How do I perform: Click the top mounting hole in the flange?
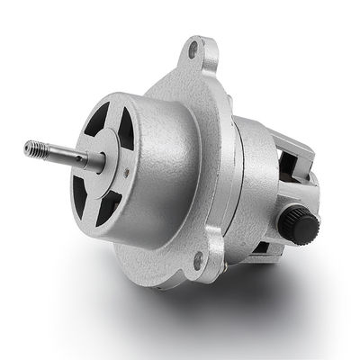point(193,51)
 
